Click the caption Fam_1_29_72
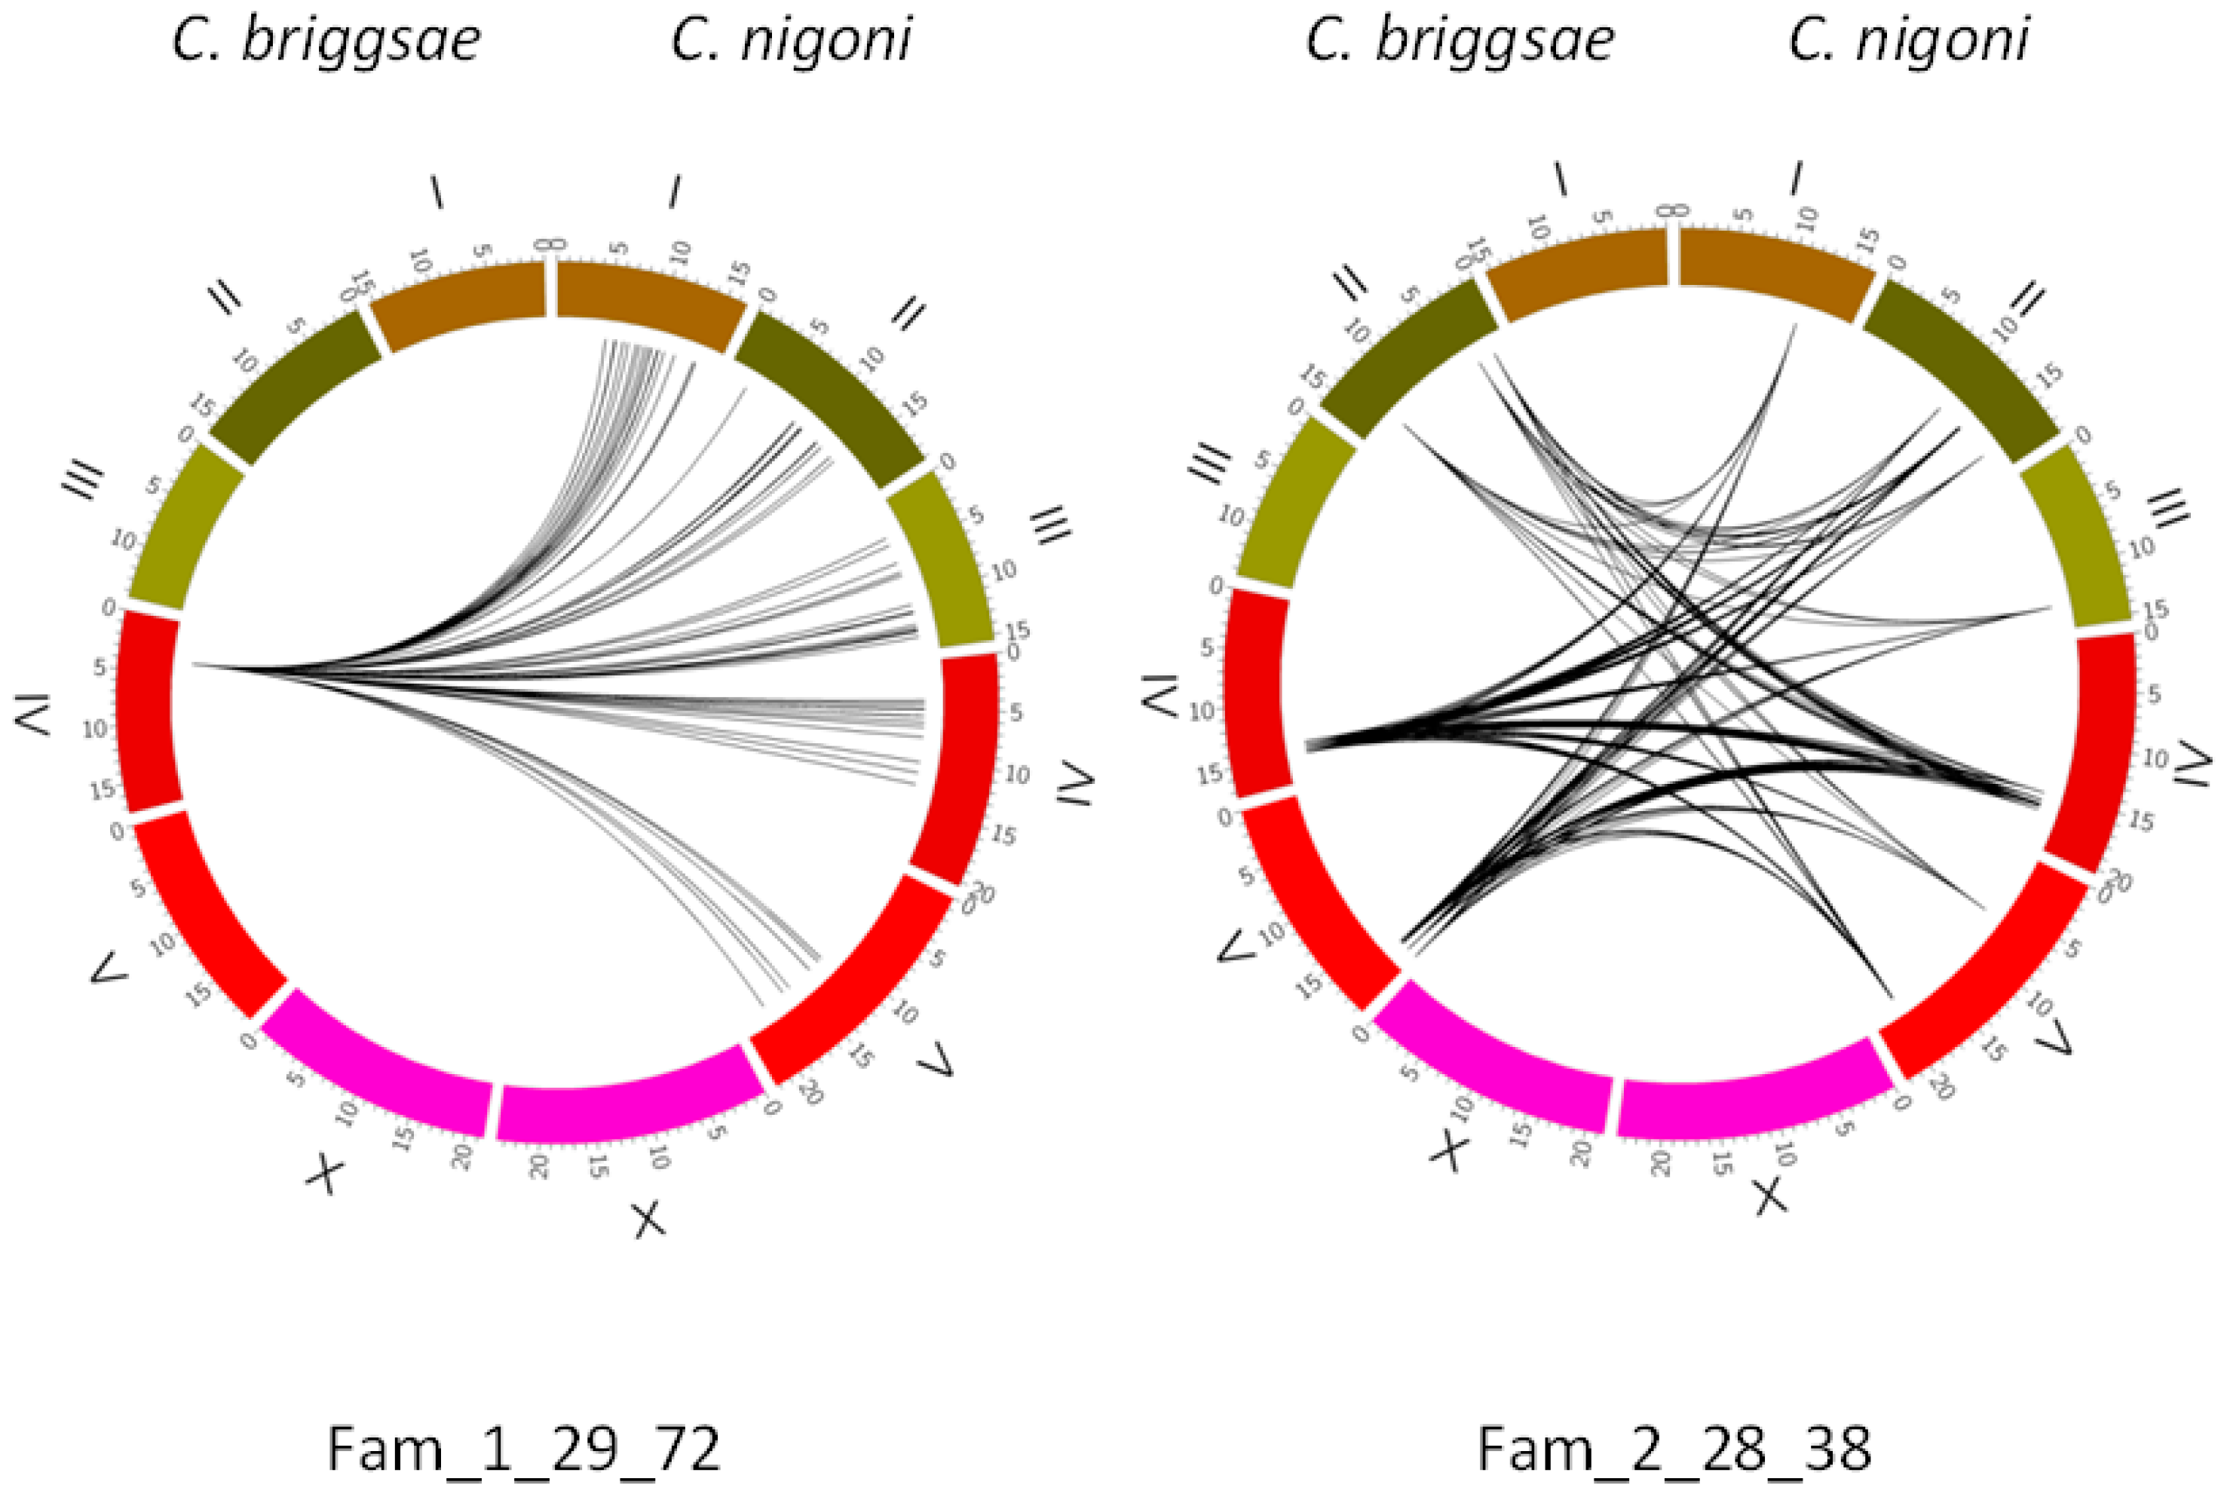tap(523, 1450)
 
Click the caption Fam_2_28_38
tap(1674, 1450)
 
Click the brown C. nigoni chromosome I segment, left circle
tap(648, 300)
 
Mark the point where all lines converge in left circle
tap(195, 664)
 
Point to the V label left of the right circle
tap(1236, 946)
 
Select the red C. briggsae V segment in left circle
tap(205, 914)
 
